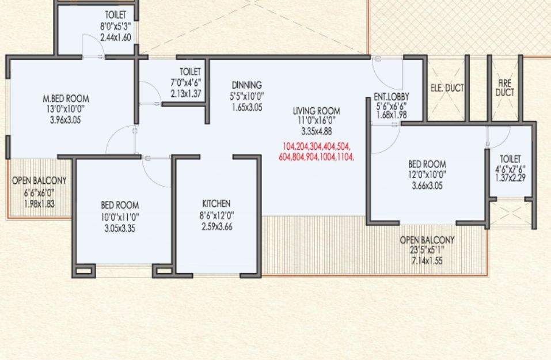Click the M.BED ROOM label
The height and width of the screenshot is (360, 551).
66,98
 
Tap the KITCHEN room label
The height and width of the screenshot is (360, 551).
216,203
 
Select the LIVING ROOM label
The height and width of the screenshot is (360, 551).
317,111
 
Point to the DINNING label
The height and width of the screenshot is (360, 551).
246,85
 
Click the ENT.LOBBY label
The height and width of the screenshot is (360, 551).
392,97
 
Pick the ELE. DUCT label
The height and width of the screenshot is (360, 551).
447,88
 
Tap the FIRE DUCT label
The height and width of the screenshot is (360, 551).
505,88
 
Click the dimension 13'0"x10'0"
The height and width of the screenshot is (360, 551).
66,109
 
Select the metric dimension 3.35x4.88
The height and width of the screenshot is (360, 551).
317,131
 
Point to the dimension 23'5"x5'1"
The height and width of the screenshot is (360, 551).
427,251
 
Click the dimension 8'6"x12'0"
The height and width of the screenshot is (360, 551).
217,215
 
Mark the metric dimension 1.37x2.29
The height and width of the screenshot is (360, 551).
510,178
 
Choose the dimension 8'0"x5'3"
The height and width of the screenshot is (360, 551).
116,26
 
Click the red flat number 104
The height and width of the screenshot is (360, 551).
289,147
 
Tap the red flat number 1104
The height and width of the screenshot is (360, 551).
345,157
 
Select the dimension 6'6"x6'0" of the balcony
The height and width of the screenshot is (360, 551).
39,193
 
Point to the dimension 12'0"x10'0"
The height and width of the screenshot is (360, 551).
427,175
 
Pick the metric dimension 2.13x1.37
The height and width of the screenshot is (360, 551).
186,94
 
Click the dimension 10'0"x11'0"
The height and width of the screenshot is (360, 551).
120,216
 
